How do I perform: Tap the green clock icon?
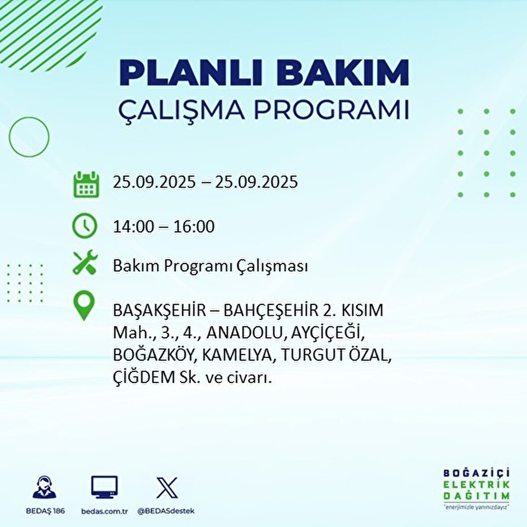[x=84, y=226]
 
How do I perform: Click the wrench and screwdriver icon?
[x=85, y=263]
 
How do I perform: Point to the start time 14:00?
[x=134, y=227]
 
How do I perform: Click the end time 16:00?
[x=194, y=227]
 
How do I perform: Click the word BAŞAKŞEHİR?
[x=159, y=310]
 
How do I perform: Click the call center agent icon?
[x=45, y=487]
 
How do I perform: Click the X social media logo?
[x=167, y=488]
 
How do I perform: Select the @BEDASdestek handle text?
[x=166, y=511]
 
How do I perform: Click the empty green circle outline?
[x=29, y=137]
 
